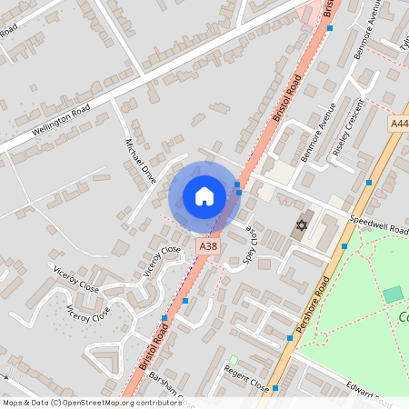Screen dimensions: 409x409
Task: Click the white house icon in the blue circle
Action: [x=204, y=196]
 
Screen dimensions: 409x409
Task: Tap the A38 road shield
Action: [x=208, y=246]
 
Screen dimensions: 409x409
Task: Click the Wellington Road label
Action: [x=62, y=118]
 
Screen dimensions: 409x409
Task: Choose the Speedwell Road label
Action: [x=378, y=225]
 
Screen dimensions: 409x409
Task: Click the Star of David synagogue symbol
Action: [x=299, y=225]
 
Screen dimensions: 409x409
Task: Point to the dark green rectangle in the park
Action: [x=392, y=294]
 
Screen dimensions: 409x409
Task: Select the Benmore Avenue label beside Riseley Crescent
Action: [x=321, y=129]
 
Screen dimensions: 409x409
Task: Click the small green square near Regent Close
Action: [x=233, y=360]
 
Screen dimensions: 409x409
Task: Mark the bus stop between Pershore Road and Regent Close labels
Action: [x=275, y=387]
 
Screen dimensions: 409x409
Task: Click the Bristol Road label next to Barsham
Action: [x=145, y=350]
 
